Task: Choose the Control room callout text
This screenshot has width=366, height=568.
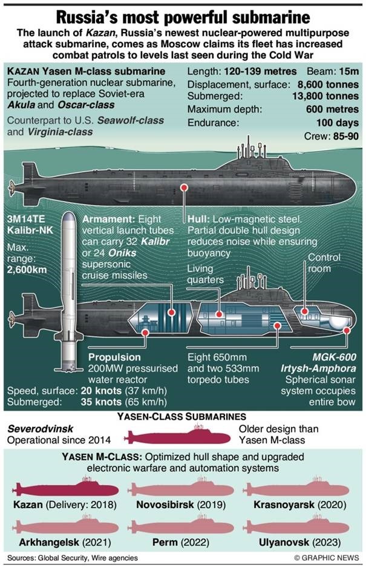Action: click(324, 263)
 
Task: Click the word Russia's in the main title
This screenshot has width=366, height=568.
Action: click(98, 15)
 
